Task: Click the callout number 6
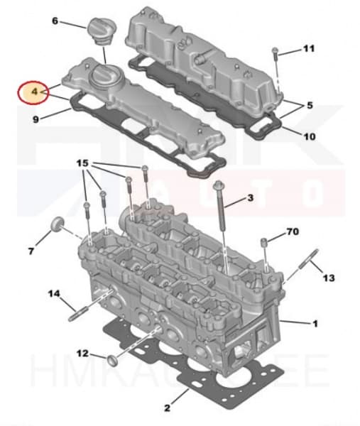[55, 21]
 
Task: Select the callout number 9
[36, 119]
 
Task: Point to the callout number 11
[308, 48]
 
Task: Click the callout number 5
[309, 105]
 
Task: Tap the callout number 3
[249, 197]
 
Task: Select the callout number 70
[293, 231]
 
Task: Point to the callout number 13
[327, 278]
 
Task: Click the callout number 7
[31, 251]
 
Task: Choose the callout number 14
[53, 293]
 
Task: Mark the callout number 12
[82, 353]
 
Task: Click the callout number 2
[167, 408]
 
